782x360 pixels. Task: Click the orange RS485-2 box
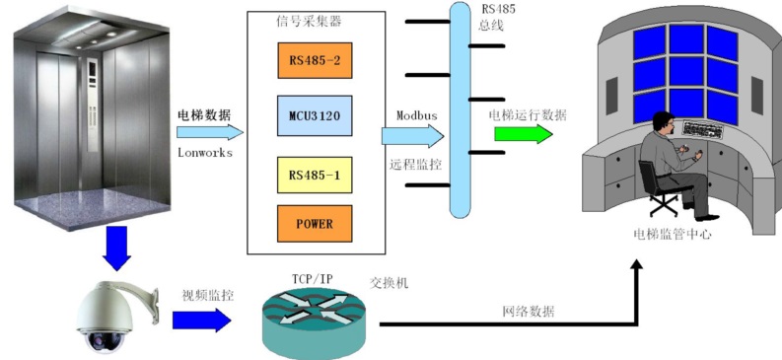(x=315, y=60)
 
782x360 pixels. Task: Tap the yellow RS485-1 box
(x=315, y=175)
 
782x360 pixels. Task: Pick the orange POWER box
(x=315, y=223)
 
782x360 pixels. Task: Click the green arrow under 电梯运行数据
(x=524, y=134)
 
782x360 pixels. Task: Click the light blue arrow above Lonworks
(x=209, y=132)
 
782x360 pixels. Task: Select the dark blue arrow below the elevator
(x=116, y=249)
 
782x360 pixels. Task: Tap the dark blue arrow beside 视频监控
(x=201, y=320)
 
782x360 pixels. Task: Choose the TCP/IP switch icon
(x=314, y=324)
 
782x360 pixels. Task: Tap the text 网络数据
(x=529, y=312)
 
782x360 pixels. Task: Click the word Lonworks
(x=205, y=153)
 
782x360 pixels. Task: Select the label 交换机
(x=389, y=283)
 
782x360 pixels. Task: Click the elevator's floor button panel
(x=93, y=105)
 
